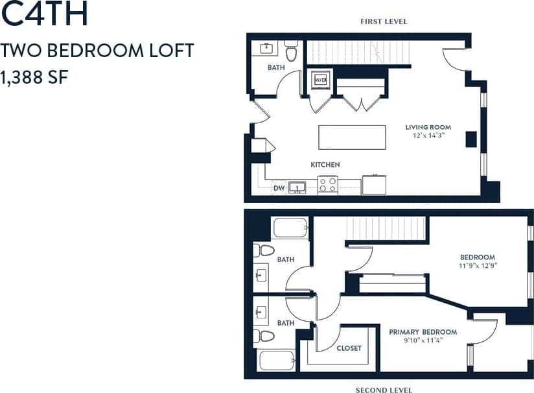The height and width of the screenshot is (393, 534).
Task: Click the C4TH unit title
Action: [x=45, y=16]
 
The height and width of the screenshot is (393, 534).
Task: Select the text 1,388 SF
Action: [x=35, y=77]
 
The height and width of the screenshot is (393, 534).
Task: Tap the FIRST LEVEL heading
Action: [x=384, y=21]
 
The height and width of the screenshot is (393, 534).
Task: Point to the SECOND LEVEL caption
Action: [x=384, y=390]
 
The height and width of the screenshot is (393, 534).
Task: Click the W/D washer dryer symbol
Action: [x=321, y=80]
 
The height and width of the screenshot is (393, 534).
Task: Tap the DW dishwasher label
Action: [x=279, y=188]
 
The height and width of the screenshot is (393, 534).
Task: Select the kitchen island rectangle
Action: [x=352, y=137]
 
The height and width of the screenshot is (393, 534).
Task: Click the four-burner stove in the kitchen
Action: [x=328, y=185]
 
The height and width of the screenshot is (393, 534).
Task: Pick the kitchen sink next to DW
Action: [x=297, y=187]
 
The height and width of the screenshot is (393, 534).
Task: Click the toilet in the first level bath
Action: [x=291, y=51]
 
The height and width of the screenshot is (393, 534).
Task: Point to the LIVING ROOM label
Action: [x=428, y=127]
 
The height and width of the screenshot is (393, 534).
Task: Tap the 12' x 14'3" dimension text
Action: [x=428, y=136]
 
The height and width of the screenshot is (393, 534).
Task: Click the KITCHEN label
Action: [x=325, y=165]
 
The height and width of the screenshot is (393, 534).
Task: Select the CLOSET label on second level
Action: [x=349, y=348]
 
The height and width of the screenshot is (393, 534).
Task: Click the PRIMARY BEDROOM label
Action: [x=423, y=332]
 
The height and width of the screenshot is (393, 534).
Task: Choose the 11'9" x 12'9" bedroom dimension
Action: [x=478, y=265]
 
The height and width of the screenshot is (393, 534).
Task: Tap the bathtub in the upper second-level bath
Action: [x=290, y=228]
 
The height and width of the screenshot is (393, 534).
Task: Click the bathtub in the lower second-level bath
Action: [x=277, y=359]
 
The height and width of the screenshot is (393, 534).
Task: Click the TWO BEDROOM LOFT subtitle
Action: [x=97, y=51]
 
